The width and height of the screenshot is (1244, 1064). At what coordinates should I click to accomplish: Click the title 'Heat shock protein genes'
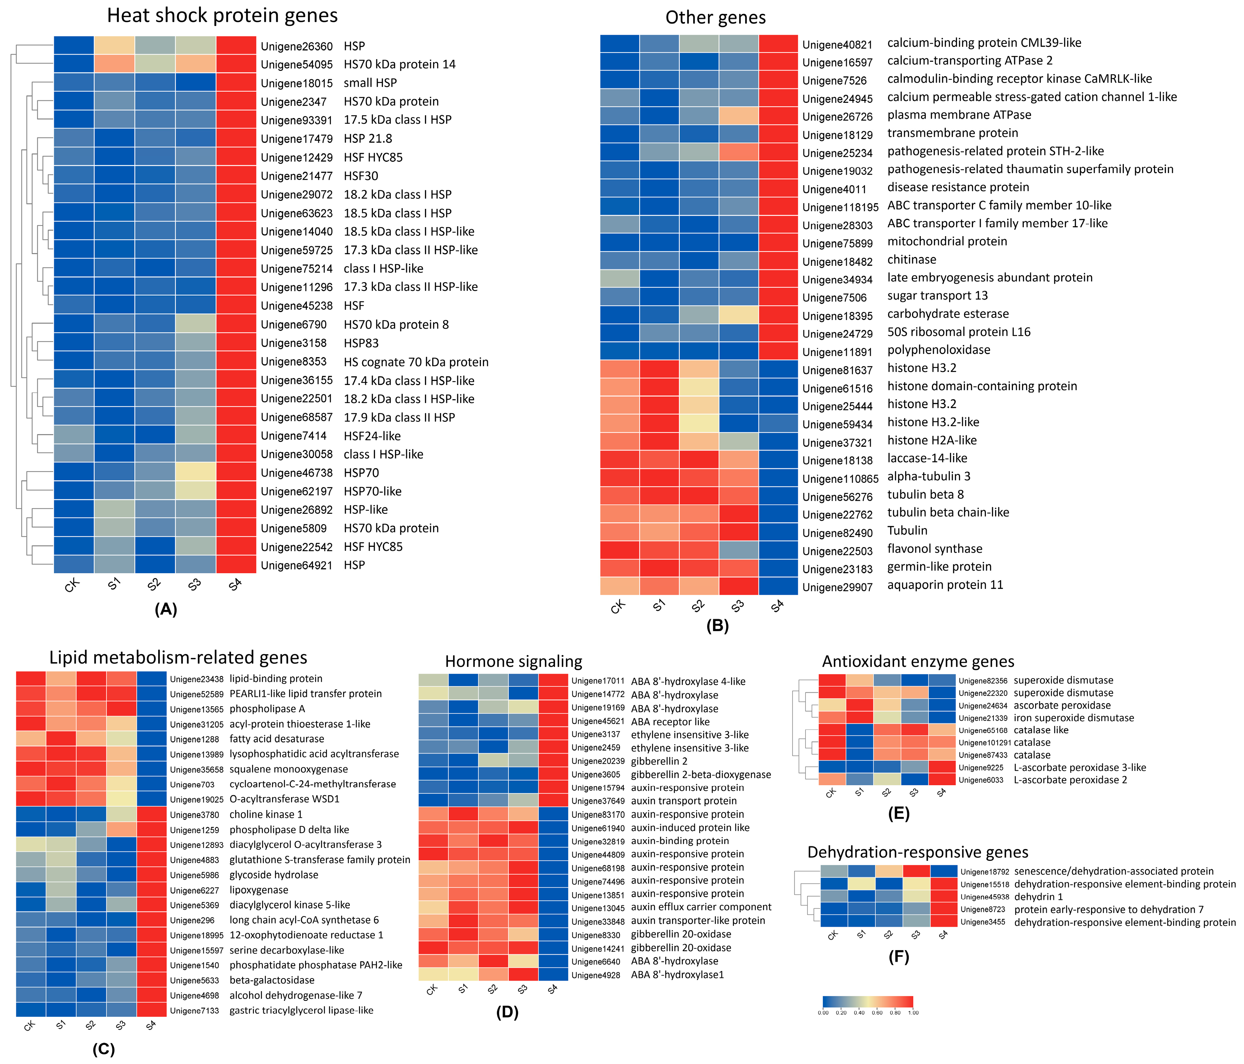point(222,16)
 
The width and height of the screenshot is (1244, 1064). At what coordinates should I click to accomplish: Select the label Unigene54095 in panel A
point(297,64)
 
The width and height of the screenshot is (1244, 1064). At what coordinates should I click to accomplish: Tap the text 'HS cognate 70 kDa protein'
point(416,362)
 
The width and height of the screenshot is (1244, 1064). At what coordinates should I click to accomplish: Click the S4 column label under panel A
point(235,584)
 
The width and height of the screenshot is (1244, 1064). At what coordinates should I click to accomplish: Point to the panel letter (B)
point(718,626)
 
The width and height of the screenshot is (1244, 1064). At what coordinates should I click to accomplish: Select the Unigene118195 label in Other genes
point(840,207)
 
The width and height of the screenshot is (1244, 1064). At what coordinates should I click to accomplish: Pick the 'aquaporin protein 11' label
point(945,585)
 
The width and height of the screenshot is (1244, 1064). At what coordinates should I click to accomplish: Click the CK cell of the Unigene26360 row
point(74,46)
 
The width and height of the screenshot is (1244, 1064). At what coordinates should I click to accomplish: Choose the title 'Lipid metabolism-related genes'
point(178,658)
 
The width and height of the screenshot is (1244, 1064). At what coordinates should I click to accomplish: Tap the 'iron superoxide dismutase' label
point(1073,718)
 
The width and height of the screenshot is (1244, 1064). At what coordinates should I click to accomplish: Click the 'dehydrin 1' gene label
point(1038,897)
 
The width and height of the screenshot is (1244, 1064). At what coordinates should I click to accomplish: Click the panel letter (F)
point(899,957)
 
